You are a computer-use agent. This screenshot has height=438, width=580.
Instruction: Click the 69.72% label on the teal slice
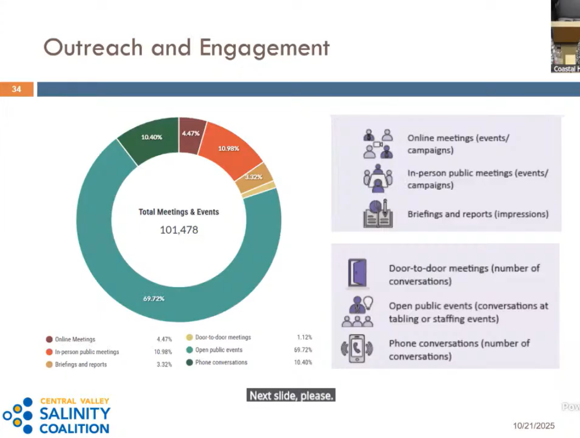154,299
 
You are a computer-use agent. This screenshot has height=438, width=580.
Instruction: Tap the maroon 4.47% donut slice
191,135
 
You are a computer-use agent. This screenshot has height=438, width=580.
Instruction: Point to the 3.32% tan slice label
253,177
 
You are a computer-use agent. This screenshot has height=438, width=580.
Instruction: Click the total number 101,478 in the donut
179,229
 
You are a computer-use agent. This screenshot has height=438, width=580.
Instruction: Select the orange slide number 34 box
17,89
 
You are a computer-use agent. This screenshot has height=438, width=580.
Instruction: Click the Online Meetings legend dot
49,339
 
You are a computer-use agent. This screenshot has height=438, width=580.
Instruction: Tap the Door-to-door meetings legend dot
189,337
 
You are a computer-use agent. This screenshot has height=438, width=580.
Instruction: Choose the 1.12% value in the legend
304,337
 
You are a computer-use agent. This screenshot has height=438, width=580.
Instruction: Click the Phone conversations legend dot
189,363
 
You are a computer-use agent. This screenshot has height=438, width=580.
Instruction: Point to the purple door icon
357,273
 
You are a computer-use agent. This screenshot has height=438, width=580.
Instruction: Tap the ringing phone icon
357,348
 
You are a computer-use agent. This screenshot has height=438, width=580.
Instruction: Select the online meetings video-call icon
377,144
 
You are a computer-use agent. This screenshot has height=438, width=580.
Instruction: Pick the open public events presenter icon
357,311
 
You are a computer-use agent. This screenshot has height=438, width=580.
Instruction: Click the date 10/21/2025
533,426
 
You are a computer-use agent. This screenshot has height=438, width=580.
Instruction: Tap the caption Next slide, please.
291,396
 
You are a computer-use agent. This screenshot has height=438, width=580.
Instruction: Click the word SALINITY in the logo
75,414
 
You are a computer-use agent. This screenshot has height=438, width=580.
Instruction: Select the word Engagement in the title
265,48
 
